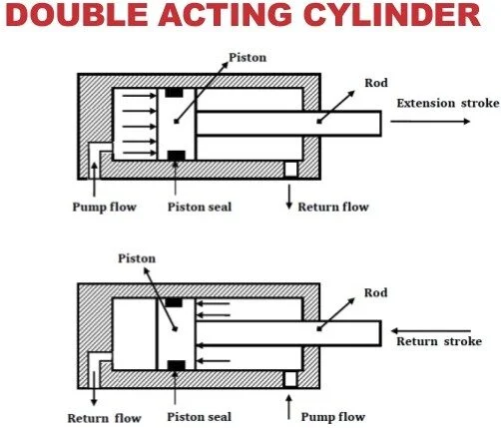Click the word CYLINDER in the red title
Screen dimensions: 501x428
(391, 15)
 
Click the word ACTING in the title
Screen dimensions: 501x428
(225, 15)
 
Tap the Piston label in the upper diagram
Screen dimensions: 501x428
(248, 58)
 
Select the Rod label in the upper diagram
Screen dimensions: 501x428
(376, 83)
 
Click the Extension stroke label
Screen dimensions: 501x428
(448, 103)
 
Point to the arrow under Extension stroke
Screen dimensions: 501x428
(430, 122)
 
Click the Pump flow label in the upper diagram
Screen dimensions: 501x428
(105, 207)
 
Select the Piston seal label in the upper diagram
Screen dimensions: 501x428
(200, 207)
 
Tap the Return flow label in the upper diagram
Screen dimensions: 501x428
(333, 207)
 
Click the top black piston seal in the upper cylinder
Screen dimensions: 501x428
(174, 93)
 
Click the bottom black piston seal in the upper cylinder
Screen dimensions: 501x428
(177, 156)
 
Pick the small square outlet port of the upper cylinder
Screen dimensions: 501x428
(290, 169)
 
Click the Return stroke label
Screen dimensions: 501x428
(439, 341)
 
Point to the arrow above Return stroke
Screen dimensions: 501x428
(431, 331)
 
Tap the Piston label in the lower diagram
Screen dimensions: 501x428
(137, 258)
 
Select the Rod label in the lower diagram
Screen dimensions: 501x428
(376, 293)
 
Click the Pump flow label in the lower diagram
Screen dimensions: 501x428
(333, 417)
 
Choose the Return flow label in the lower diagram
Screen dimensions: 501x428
(105, 418)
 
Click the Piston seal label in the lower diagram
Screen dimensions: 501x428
(199, 417)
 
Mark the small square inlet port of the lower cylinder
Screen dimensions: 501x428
(290, 379)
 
